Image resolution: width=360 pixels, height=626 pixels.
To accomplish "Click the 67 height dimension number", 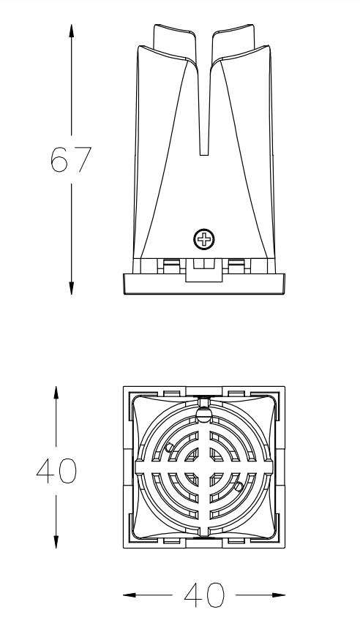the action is pyautogui.click(x=71, y=159).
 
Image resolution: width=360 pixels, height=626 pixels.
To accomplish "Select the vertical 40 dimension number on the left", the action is pyautogui.click(x=56, y=471).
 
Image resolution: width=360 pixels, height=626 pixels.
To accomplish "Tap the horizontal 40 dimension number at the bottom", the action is pyautogui.click(x=204, y=595).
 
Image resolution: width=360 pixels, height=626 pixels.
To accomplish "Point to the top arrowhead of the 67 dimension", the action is pyautogui.click(x=72, y=31).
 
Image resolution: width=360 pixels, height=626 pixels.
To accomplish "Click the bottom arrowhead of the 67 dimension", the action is pyautogui.click(x=72, y=288).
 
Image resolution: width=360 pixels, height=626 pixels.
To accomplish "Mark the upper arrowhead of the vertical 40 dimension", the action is pyautogui.click(x=56, y=393).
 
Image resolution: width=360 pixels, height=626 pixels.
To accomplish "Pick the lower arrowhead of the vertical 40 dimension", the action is pyautogui.click(x=56, y=541).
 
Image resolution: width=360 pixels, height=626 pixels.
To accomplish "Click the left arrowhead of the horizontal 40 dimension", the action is pyautogui.click(x=130, y=595).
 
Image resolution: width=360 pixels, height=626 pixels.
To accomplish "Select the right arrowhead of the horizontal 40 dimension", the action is pyautogui.click(x=278, y=595).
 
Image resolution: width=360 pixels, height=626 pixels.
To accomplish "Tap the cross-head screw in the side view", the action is pyautogui.click(x=203, y=240).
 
